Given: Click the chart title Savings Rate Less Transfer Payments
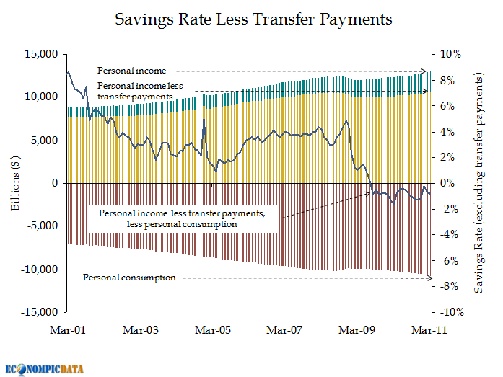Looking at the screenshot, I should pyautogui.click(x=253, y=19).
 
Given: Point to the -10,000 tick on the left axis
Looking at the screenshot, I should pyautogui.click(x=40, y=270).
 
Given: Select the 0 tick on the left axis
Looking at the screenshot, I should pyautogui.click(x=53, y=183).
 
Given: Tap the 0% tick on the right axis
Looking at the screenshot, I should pyautogui.click(x=447, y=183).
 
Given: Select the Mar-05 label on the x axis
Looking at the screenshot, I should pyautogui.click(x=213, y=330).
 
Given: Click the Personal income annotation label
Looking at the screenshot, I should pyautogui.click(x=131, y=71).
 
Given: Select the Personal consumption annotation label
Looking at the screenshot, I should pyautogui.click(x=129, y=277).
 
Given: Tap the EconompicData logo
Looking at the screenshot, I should pyautogui.click(x=44, y=368).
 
